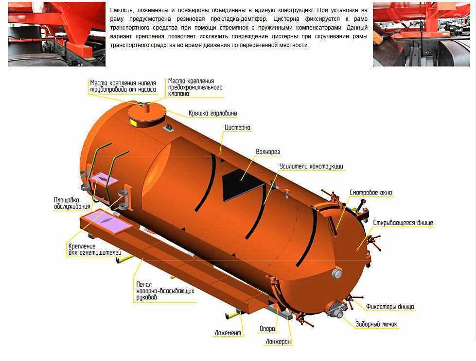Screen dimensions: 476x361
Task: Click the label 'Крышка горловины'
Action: tap(213, 113)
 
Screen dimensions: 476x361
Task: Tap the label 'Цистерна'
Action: tap(237, 128)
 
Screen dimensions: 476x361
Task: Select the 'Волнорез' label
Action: tap(268, 152)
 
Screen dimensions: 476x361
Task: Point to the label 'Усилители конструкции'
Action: tap(311, 166)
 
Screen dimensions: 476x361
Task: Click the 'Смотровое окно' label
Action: tap(370, 193)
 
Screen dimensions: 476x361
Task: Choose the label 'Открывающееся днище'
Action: tap(403, 223)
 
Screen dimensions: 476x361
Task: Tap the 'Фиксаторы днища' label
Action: tap(390, 307)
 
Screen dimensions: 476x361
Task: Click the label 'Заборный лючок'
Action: tap(376, 324)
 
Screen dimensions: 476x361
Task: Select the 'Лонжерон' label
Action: tap(278, 342)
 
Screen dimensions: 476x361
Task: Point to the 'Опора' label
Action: tap(267, 328)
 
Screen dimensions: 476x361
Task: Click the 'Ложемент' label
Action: tap(228, 333)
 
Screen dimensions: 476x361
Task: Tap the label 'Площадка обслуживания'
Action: tap(72, 203)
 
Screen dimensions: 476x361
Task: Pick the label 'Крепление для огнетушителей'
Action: tap(95, 249)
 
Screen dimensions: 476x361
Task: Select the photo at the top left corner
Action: tap(57, 34)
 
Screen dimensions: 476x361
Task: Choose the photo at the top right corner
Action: tap(422, 34)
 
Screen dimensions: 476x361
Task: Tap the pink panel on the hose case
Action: tap(107, 222)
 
